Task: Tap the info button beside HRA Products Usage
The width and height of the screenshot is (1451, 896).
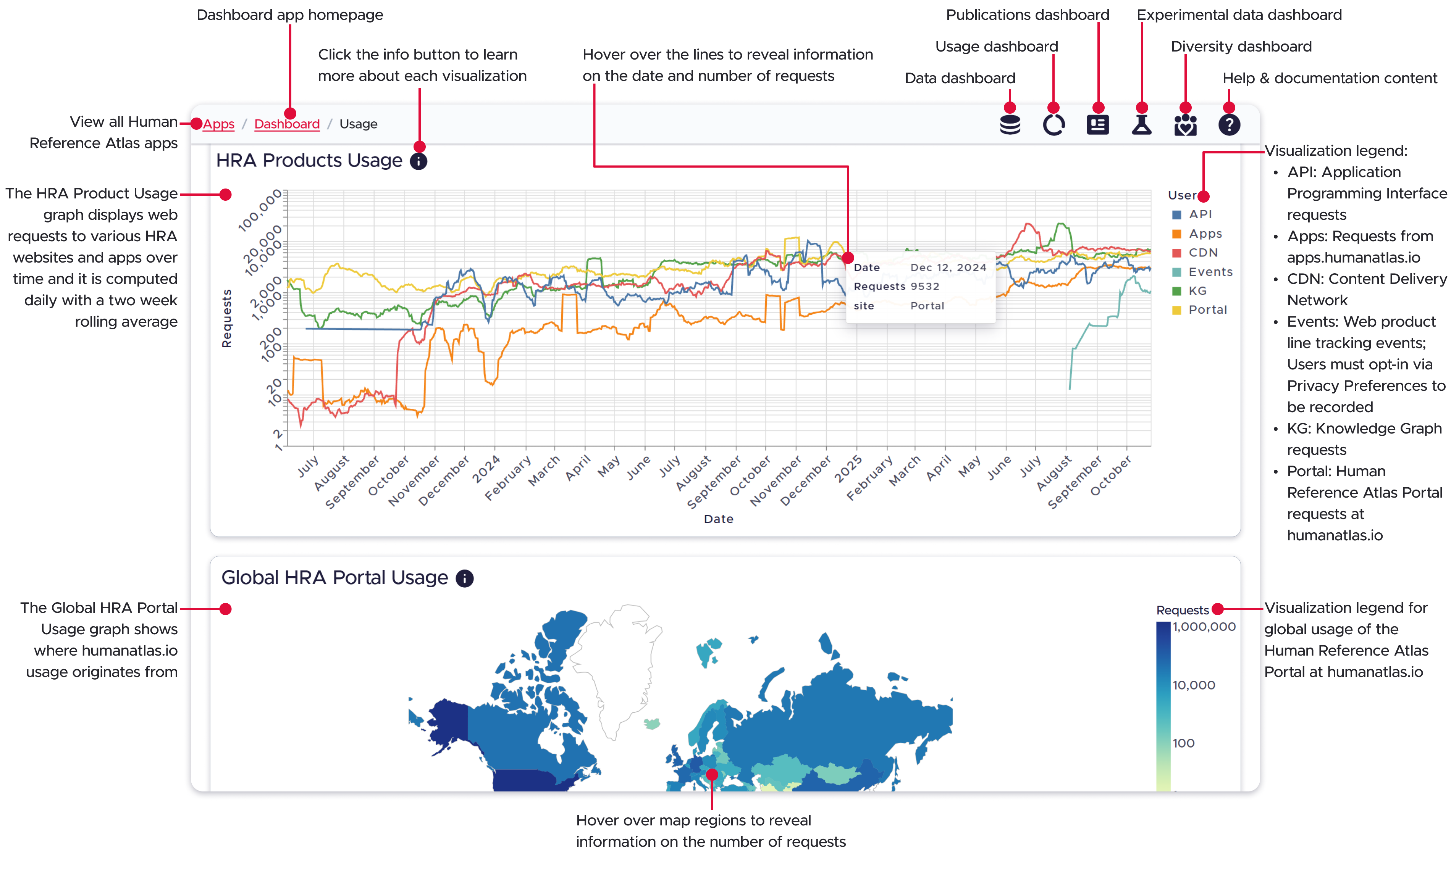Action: pyautogui.click(x=418, y=161)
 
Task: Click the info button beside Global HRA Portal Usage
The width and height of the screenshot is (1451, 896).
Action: pyautogui.click(x=464, y=579)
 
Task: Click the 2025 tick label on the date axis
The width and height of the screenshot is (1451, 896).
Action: pyautogui.click(x=848, y=469)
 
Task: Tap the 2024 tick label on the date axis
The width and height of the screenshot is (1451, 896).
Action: pyautogui.click(x=486, y=469)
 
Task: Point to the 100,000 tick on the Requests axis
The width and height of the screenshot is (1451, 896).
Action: pyautogui.click(x=260, y=211)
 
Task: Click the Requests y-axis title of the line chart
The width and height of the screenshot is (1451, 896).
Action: pyautogui.click(x=226, y=318)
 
